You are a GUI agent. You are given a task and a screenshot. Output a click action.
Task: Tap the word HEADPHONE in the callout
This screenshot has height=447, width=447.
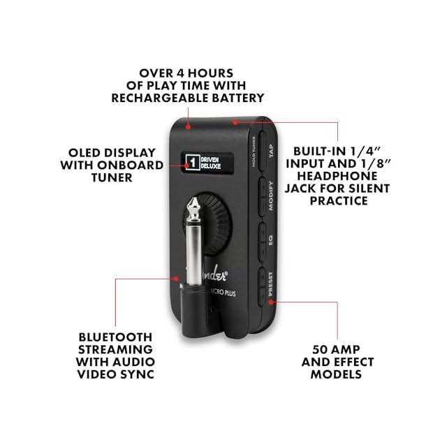pyautogui.click(x=342, y=175)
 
